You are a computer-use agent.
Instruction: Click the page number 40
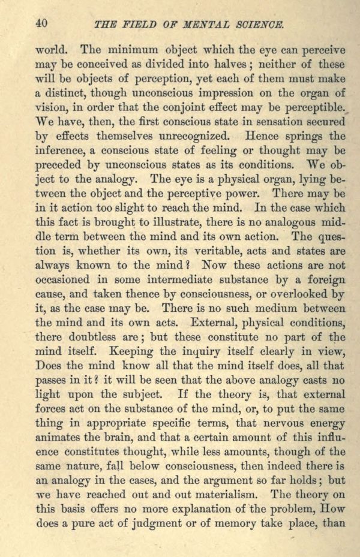coord(41,23)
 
